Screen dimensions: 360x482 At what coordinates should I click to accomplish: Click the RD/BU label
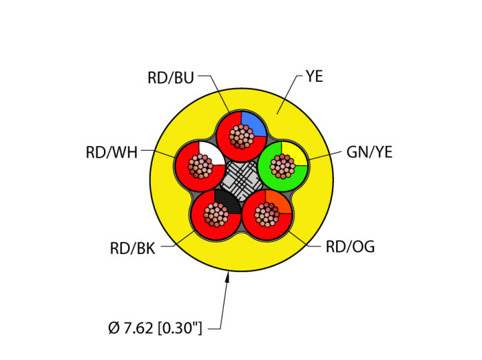pos(171,78)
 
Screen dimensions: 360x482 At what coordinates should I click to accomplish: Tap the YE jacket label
pos(314,76)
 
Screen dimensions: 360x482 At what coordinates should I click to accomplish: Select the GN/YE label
pos(369,152)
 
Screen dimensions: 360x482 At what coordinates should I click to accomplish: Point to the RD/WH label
pos(112,152)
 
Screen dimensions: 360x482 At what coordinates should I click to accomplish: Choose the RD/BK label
pos(132,248)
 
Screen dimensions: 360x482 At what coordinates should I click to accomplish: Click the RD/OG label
pos(350,246)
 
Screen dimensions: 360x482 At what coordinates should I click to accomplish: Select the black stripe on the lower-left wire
pos(228,201)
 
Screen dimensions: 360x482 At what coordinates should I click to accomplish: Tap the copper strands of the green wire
pos(283,165)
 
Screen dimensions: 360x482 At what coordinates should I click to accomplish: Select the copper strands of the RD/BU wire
pos(240,136)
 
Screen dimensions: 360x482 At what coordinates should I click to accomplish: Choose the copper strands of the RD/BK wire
pos(216,215)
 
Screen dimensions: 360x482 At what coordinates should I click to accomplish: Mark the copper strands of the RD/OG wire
pos(268,215)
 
